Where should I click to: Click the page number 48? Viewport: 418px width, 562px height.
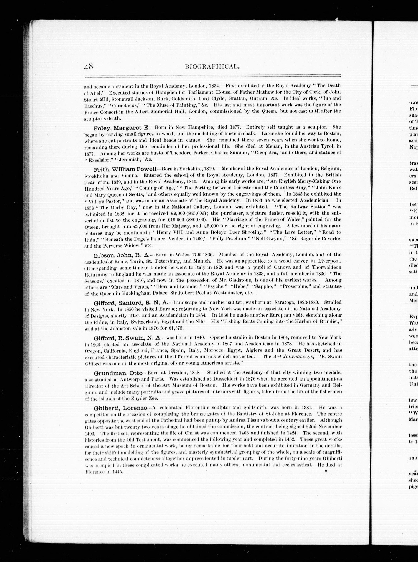tap(89, 67)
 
